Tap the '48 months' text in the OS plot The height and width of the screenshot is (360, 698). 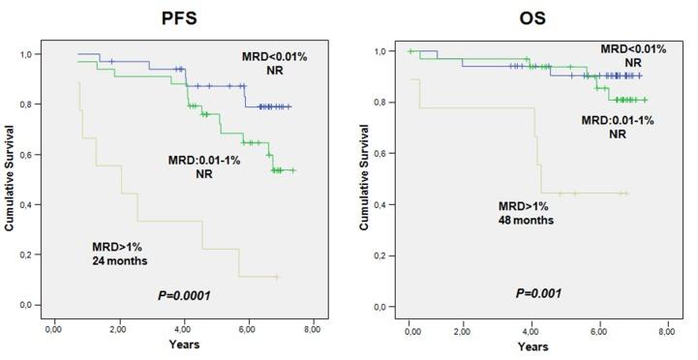(525, 220)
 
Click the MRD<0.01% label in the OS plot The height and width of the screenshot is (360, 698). (634, 48)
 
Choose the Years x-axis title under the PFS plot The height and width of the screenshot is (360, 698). (182, 345)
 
